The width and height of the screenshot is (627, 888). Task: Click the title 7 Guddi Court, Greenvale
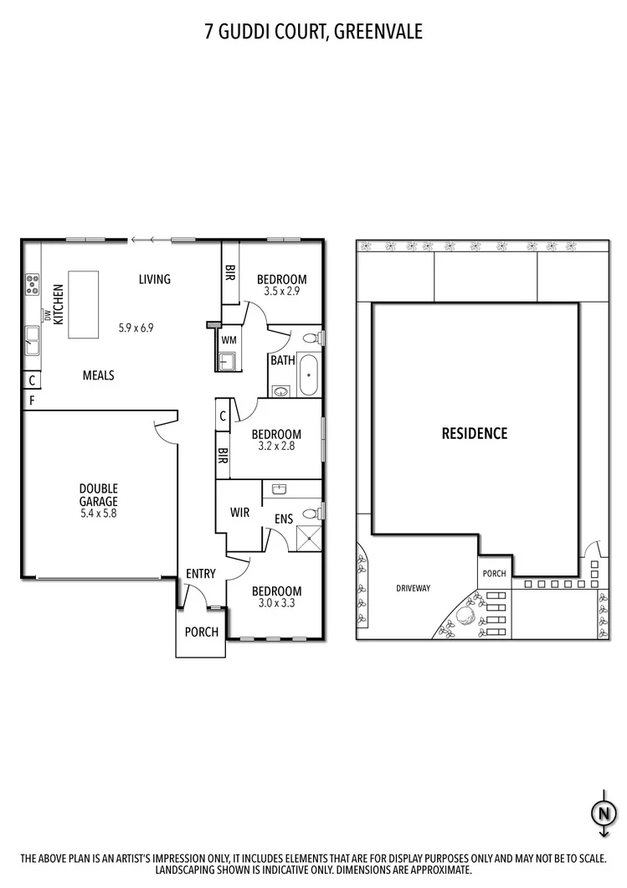click(x=313, y=32)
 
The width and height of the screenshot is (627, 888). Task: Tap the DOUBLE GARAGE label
click(x=98, y=495)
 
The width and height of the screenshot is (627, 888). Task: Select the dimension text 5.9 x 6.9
click(x=136, y=328)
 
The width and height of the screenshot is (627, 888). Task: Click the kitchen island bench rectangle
click(x=83, y=304)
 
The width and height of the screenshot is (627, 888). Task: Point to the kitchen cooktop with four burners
click(x=33, y=285)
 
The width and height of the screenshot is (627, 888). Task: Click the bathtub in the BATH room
click(x=308, y=374)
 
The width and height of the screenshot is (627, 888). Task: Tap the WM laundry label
click(x=228, y=340)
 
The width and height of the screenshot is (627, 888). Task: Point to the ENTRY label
click(x=201, y=574)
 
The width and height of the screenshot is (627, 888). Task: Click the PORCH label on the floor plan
click(x=201, y=632)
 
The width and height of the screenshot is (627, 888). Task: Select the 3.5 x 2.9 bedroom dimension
click(x=281, y=292)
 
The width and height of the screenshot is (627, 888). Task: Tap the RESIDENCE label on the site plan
click(x=475, y=433)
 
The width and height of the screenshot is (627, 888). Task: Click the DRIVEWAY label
click(x=413, y=588)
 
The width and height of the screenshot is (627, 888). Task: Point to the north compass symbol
click(x=602, y=812)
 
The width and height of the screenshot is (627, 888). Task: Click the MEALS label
click(x=98, y=375)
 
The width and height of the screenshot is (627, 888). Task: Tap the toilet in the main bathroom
click(x=311, y=339)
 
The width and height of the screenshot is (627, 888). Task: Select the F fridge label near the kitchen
click(x=32, y=400)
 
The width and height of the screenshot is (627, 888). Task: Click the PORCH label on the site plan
click(x=494, y=574)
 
